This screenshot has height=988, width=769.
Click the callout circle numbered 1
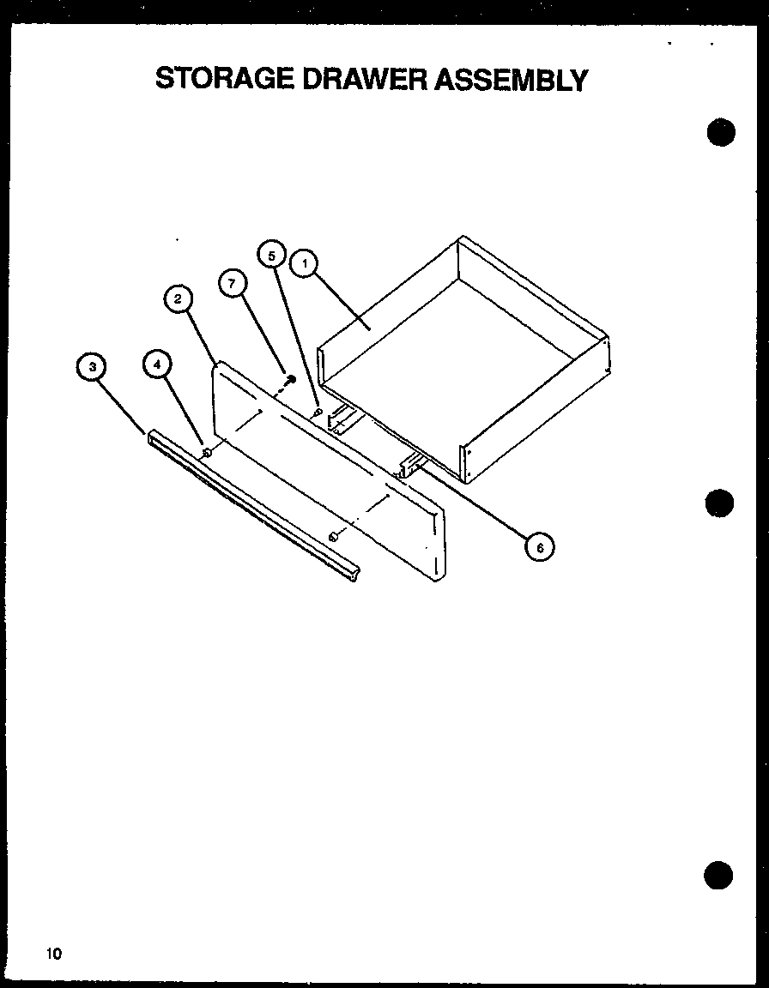[x=302, y=262]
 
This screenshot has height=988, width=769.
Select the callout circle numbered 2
[x=178, y=299]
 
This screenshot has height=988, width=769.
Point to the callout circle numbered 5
[x=271, y=255]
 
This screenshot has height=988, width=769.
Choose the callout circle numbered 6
[x=539, y=545]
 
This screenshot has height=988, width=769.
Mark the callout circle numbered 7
[x=231, y=283]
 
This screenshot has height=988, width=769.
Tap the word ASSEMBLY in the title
[x=513, y=80]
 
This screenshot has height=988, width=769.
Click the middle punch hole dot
[x=720, y=503]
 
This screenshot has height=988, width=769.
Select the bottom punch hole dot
[x=719, y=874]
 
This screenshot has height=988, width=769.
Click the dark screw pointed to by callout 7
[x=291, y=378]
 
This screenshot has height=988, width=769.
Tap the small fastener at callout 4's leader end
[x=207, y=452]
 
